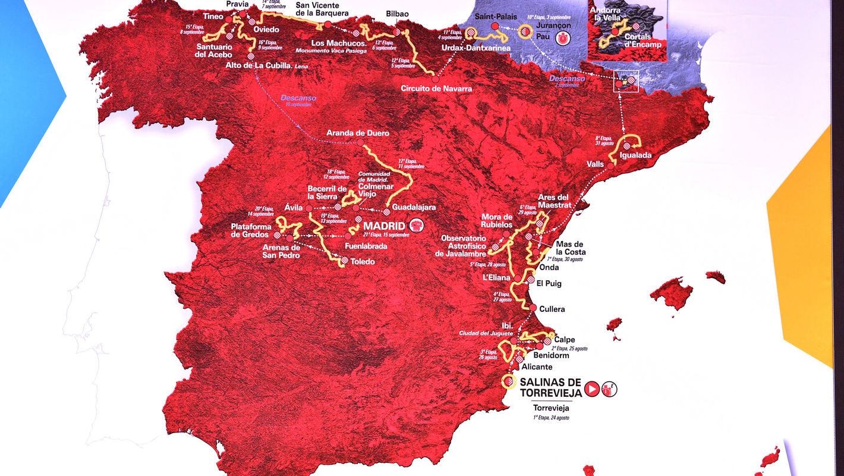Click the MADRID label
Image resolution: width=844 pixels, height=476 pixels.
[x=384, y=226]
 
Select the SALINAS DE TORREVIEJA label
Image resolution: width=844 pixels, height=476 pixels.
[x=550, y=387]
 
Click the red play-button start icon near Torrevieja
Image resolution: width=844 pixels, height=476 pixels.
[x=591, y=389]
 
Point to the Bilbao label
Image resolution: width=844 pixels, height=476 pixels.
[x=397, y=14]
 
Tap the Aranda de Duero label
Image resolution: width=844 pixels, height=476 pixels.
[x=353, y=133]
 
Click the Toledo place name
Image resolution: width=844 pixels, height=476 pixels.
[x=363, y=261]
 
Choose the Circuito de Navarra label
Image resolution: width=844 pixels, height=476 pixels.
[x=436, y=89]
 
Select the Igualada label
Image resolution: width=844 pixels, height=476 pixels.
[x=635, y=155]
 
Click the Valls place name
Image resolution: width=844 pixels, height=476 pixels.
[x=595, y=164]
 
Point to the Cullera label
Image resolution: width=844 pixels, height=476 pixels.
[x=552, y=309]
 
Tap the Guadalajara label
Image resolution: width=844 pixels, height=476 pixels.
[x=414, y=207]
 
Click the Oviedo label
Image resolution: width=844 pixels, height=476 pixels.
[x=266, y=29]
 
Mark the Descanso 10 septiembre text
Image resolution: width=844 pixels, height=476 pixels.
[x=299, y=100]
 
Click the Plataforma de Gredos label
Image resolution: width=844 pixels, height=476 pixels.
[x=251, y=230]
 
